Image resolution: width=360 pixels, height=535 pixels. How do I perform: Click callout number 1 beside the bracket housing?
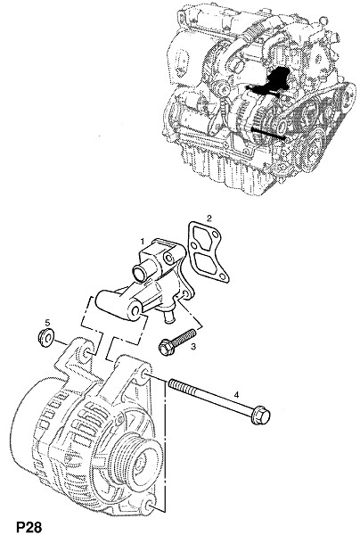(143, 242)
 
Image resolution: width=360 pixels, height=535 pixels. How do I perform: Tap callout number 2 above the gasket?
(209, 218)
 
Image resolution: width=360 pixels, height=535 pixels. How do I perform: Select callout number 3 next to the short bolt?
(193, 347)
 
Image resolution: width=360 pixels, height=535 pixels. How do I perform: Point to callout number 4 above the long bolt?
(236, 395)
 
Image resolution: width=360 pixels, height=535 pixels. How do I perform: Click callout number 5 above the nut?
(47, 322)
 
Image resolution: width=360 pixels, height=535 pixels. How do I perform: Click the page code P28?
(29, 527)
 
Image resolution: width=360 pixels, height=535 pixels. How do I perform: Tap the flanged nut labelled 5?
(45, 337)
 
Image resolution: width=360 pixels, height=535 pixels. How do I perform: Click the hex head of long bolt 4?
(261, 416)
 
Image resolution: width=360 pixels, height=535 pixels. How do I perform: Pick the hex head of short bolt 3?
(167, 347)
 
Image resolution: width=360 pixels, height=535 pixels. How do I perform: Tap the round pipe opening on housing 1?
(139, 275)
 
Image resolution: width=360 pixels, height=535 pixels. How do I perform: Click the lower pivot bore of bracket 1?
(135, 311)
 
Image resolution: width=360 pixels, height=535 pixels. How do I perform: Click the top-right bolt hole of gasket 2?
(215, 235)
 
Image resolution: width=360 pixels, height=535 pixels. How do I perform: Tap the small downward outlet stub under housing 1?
(168, 316)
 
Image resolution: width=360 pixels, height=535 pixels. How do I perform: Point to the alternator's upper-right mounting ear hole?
(144, 374)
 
